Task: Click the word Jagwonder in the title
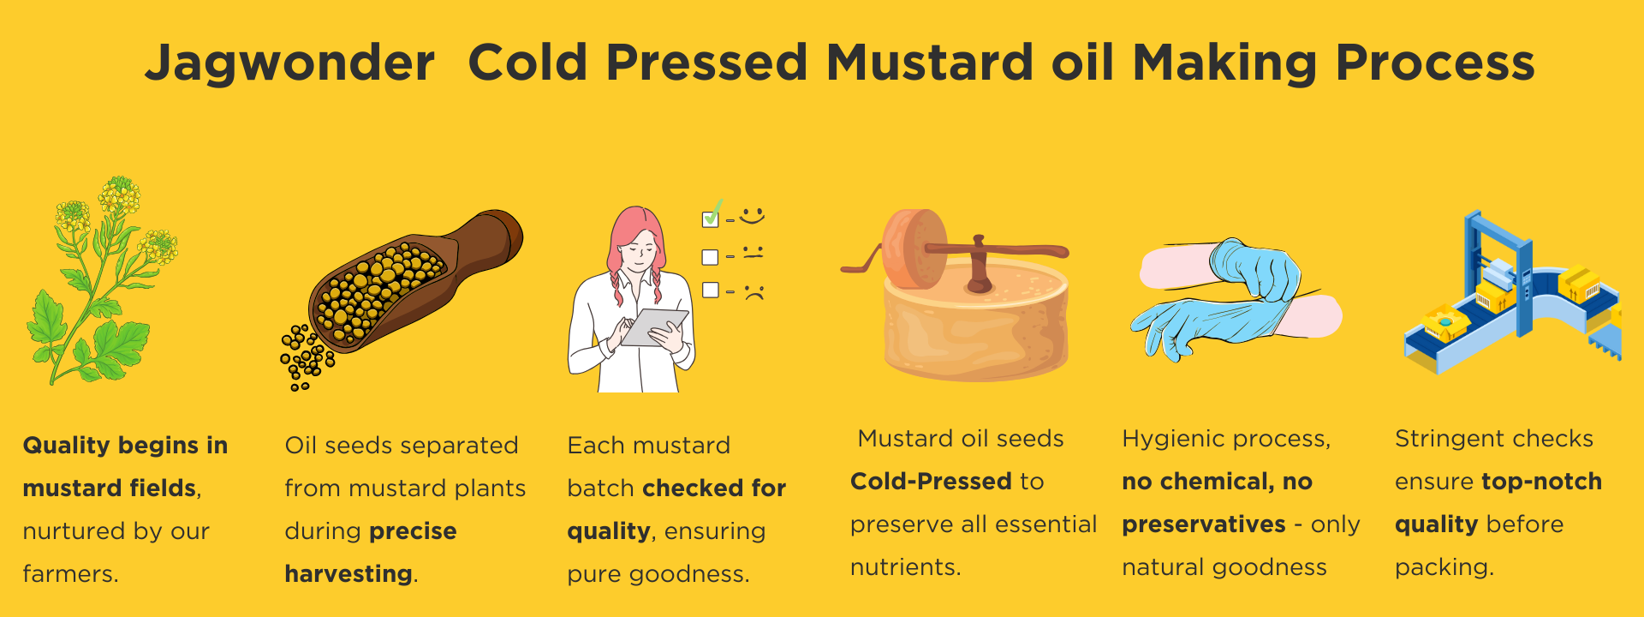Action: tap(289, 64)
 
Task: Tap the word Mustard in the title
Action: tap(929, 63)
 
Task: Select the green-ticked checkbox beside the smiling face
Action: tap(710, 218)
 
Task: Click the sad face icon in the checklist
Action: tap(753, 291)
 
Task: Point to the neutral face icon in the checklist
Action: tap(753, 253)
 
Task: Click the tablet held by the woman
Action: tap(654, 327)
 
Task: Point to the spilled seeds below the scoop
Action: tap(305, 356)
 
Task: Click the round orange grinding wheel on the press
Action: tap(914, 249)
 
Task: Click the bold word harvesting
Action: tap(348, 574)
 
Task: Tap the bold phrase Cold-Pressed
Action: tap(931, 481)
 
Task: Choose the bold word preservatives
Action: tap(1204, 524)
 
